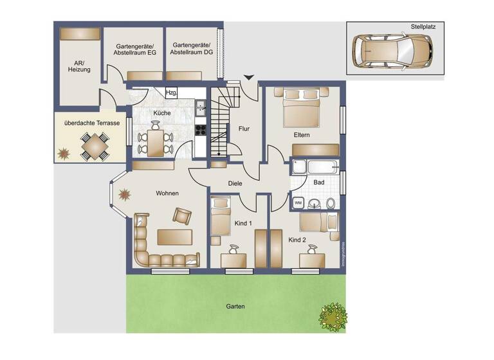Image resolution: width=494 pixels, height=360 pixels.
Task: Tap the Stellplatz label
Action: (423, 28)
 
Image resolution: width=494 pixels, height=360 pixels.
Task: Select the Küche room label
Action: (161, 114)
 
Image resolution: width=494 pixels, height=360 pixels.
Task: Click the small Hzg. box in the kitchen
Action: (171, 93)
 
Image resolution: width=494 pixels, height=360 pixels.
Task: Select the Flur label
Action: (244, 129)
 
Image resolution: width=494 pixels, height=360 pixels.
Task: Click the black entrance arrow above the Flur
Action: (248, 78)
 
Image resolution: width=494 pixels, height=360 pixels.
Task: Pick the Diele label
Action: (235, 184)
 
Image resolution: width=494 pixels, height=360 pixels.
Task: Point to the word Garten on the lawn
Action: (235, 307)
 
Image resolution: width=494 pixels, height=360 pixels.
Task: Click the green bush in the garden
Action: (333, 315)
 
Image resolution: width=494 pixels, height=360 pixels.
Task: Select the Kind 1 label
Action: (241, 223)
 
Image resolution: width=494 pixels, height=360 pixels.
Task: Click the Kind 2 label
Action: (297, 240)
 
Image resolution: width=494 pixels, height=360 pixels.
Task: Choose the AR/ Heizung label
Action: (79, 66)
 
